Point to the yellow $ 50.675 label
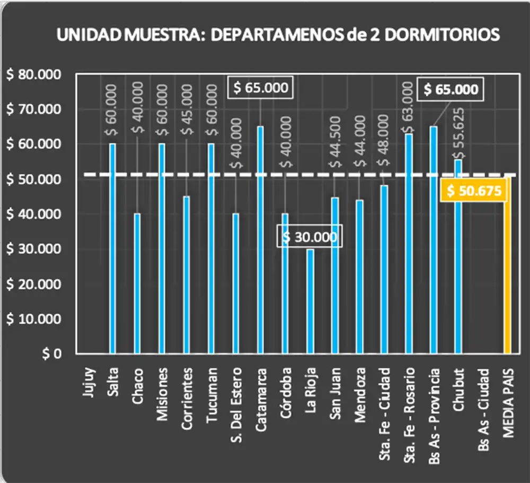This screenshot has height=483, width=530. point(474,191)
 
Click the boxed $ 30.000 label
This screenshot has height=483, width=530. point(310,237)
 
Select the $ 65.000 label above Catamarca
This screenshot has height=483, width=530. point(260,87)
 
